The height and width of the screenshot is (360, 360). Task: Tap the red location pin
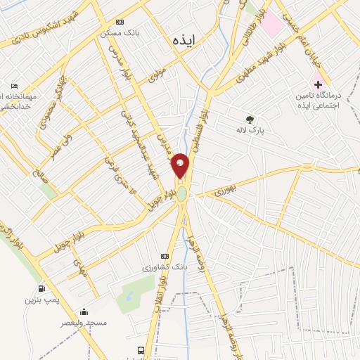[x=181, y=165]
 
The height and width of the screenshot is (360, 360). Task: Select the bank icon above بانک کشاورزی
[x=165, y=256]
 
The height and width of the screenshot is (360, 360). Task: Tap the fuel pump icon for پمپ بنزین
[x=40, y=288]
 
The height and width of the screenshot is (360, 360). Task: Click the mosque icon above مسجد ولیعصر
[x=84, y=312]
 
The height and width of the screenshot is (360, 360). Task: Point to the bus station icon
[x=141, y=350]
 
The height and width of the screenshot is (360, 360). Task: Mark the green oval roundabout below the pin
[x=182, y=193]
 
